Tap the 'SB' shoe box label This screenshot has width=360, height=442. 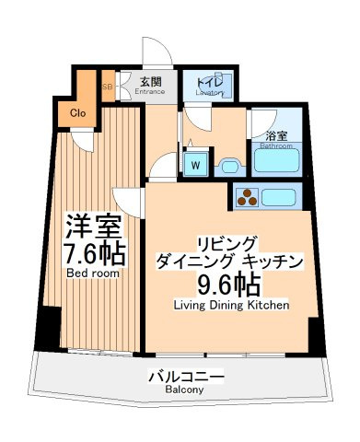point(108,87)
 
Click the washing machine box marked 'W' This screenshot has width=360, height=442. point(196,165)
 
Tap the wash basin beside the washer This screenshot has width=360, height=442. point(227,165)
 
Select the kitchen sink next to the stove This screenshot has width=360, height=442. point(280,196)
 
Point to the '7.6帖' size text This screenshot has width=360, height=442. point(91,253)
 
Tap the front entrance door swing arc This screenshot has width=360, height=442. point(151,53)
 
